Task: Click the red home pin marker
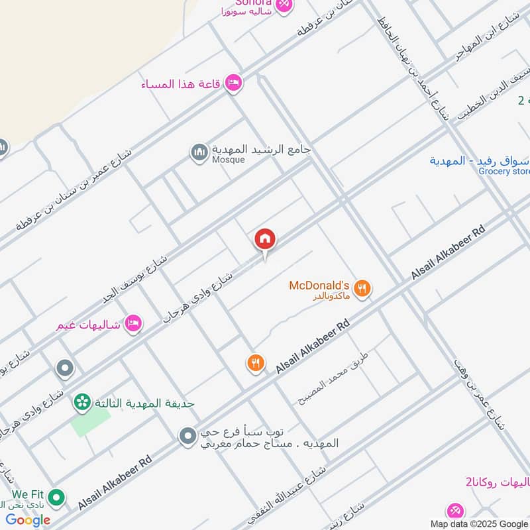pos(265,239)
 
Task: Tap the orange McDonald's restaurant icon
pos(362,288)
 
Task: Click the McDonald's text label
pos(319,286)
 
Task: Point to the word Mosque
pos(229,160)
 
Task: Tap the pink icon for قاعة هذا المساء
pos(233,83)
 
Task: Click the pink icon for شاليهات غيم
pos(133,323)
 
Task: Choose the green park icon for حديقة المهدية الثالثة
pos(82,401)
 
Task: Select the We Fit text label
pos(28,494)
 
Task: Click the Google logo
pos(28,520)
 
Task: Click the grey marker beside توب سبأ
pos(188,436)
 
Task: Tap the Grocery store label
pos(504,172)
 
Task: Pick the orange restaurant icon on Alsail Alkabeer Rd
pos(256,362)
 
